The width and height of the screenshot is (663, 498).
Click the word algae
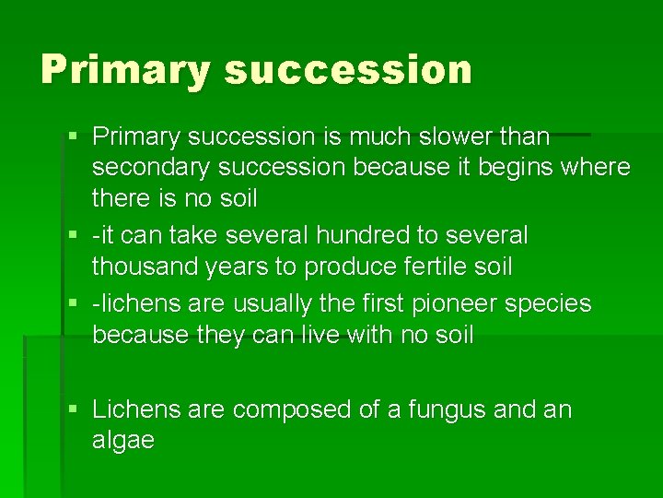(123, 441)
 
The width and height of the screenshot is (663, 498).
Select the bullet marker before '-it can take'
(74, 236)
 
